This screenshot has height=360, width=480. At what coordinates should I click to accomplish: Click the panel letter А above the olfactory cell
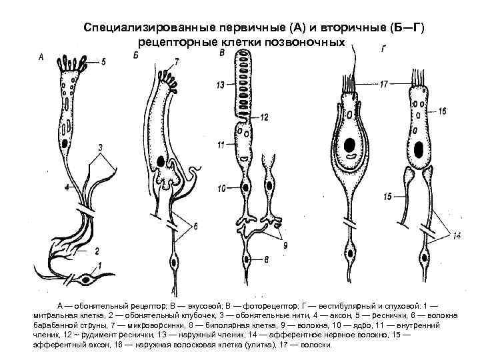tap(42, 58)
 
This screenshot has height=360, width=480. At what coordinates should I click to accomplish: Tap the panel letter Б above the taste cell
tap(136, 59)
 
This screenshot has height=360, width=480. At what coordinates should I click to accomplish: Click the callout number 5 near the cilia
tap(103, 62)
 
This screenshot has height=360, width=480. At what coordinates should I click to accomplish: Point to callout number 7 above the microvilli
tap(176, 61)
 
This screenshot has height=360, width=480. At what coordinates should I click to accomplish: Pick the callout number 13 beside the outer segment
tap(220, 86)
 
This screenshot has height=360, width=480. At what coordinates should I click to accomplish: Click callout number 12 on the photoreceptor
tap(264, 117)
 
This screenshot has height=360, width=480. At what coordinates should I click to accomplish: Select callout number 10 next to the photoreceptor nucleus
tap(221, 189)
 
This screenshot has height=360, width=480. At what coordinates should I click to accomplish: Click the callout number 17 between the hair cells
tap(384, 85)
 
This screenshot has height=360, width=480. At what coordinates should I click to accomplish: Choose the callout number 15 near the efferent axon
tap(386, 196)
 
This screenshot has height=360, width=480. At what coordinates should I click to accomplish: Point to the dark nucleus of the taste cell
tap(162, 161)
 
